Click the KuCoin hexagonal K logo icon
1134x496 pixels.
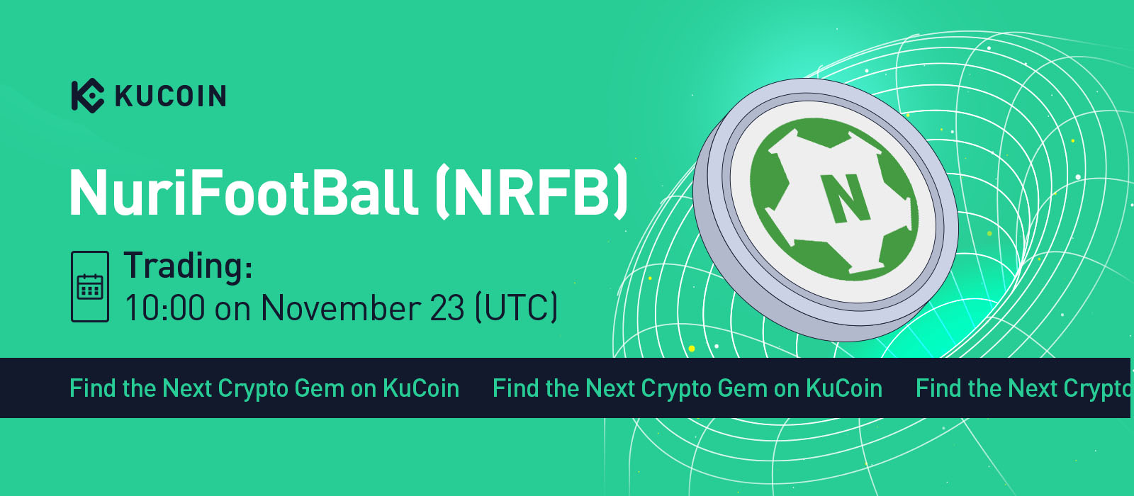click(88, 95)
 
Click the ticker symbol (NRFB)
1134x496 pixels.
click(532, 192)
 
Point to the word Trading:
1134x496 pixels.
click(188, 265)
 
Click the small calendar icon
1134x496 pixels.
click(90, 287)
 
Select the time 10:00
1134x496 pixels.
click(165, 308)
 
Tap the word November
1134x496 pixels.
click(341, 308)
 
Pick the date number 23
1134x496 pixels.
click(447, 308)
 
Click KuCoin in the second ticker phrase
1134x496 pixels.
click(844, 389)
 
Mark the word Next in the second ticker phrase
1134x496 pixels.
click(610, 389)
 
